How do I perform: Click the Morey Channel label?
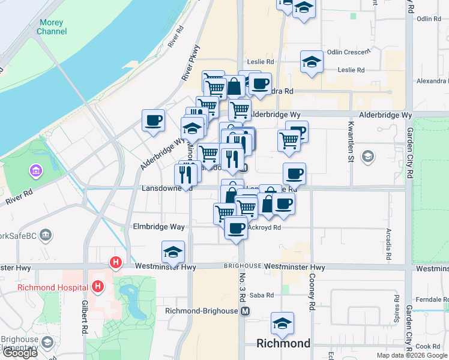click(x=51, y=26)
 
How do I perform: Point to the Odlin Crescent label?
click(x=349, y=52)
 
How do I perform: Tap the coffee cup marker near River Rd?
click(x=154, y=120)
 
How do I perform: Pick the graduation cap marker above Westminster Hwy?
click(x=173, y=252)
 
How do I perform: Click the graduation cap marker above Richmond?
click(x=282, y=323)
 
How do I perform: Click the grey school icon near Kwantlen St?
click(x=367, y=157)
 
